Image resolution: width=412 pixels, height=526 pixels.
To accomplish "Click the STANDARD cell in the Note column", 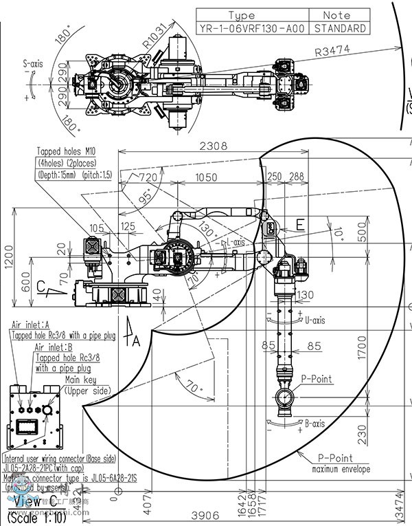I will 339,29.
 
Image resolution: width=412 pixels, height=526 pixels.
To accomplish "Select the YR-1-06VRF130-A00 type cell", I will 251,29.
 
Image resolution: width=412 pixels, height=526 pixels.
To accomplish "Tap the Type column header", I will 251,15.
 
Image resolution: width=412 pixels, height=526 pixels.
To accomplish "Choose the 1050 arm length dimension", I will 207,177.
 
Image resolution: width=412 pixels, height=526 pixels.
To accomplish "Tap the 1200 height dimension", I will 8,260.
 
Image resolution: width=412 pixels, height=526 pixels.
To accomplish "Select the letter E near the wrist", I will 299,224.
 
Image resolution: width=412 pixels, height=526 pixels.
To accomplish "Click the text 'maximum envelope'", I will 341,470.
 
